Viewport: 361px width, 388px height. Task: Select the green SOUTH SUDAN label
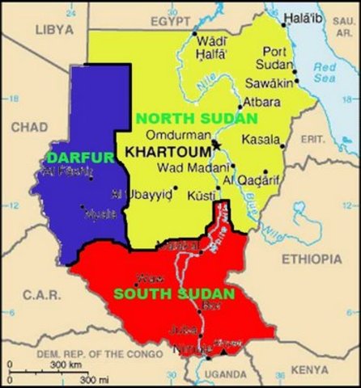(174, 294)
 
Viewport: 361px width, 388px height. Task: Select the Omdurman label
(172, 135)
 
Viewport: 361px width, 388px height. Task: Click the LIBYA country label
(54, 29)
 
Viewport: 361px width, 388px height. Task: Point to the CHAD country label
(29, 128)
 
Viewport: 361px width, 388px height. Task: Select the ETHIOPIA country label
(311, 259)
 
